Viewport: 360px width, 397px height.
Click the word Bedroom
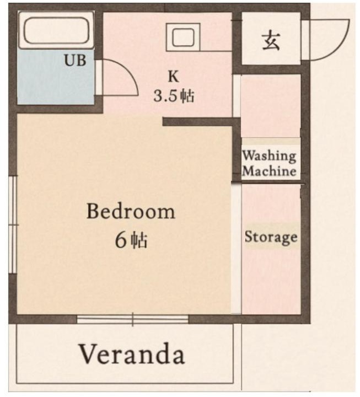131,211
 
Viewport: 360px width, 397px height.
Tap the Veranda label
132,353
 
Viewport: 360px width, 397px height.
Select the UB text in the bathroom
75,60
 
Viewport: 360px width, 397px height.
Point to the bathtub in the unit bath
56,30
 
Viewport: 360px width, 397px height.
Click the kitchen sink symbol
183,37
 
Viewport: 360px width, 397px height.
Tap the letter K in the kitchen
174,76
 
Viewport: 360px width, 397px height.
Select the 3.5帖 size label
174,96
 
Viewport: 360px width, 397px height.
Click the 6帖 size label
131,240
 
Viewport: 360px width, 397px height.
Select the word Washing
269,155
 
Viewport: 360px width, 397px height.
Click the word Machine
270,170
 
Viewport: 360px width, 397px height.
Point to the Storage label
271,237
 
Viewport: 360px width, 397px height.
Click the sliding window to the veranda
133,319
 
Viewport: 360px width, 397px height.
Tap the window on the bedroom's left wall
13,224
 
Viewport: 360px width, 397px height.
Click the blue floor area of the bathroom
56,77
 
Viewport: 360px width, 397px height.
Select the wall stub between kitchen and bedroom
198,122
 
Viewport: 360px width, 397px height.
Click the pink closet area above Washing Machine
270,106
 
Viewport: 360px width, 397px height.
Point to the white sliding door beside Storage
237,249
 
